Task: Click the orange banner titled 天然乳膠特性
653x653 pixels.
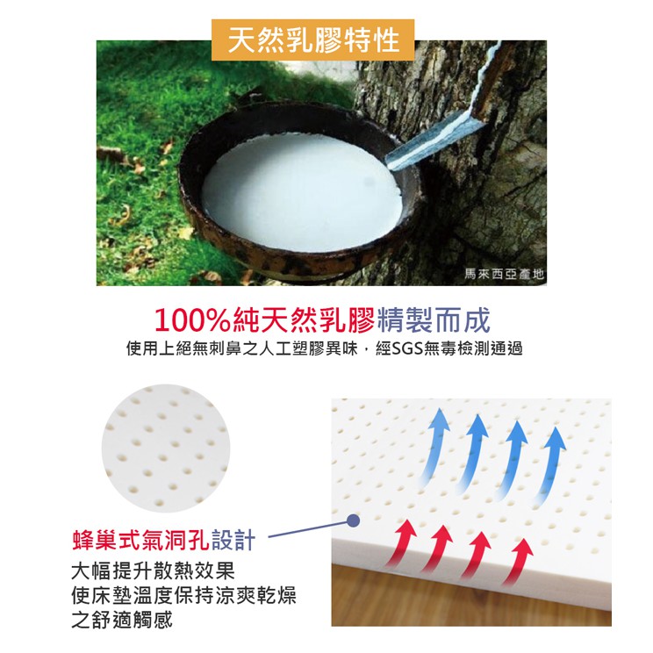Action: click(x=312, y=39)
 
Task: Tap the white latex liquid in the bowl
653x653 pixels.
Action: click(x=302, y=192)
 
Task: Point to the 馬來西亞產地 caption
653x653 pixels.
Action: click(x=504, y=274)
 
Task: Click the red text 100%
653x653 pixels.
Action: click(x=192, y=320)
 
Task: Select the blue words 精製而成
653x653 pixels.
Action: click(x=433, y=320)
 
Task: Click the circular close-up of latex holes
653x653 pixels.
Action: click(x=166, y=448)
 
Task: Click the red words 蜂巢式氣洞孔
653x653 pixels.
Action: click(x=140, y=540)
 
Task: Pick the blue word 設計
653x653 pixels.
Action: click(x=233, y=540)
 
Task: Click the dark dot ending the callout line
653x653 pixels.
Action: click(x=354, y=520)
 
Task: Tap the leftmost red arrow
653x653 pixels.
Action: click(x=400, y=543)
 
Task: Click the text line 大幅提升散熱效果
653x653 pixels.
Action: click(x=153, y=570)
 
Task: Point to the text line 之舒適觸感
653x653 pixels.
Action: click(x=122, y=619)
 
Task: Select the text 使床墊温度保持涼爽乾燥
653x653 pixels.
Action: click(x=183, y=595)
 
